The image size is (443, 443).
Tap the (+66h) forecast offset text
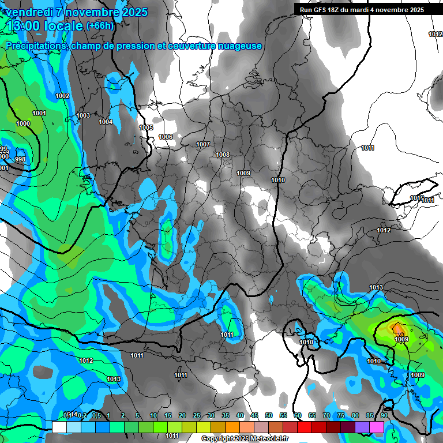point(100,25)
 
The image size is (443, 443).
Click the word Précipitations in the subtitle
point(36,46)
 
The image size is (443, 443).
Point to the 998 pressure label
point(20,159)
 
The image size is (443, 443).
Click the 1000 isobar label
point(23,124)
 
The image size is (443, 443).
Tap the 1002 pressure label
point(62,96)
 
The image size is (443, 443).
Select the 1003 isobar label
point(83,115)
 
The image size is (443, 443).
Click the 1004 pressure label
point(106,122)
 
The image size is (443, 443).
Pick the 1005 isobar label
point(146,127)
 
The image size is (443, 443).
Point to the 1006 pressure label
point(166,137)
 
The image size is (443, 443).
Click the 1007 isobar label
point(202,144)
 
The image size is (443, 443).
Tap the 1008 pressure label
point(223,155)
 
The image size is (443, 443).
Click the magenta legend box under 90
point(377,427)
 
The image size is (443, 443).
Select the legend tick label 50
point(269,416)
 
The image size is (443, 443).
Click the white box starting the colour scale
point(59,427)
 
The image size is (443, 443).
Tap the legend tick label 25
point(197,416)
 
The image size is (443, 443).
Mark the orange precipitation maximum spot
point(398,328)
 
